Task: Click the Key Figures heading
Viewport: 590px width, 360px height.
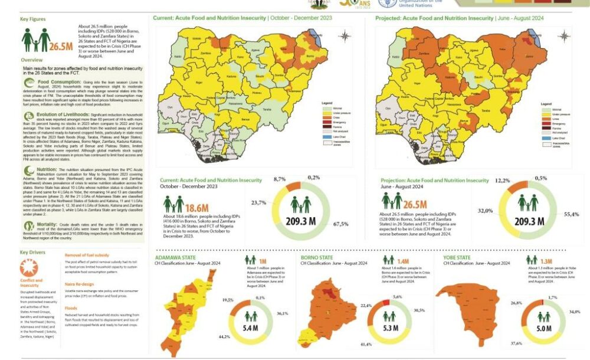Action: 32,19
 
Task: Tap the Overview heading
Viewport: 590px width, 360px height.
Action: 31,60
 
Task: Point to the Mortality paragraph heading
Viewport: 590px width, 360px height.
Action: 48,225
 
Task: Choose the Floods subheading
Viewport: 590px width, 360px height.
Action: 71,307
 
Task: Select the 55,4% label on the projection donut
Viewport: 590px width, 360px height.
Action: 572,214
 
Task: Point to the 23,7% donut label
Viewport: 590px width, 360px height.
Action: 258,202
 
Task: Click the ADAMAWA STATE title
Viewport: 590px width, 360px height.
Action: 175,258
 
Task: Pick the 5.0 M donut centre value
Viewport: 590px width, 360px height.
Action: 544,327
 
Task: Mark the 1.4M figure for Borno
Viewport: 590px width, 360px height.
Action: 403,260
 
